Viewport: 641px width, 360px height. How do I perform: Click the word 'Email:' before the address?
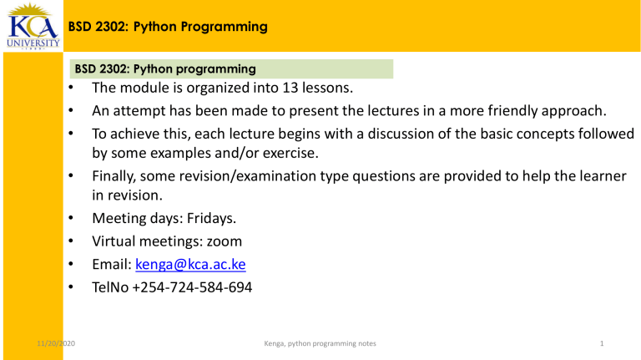click(x=112, y=265)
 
